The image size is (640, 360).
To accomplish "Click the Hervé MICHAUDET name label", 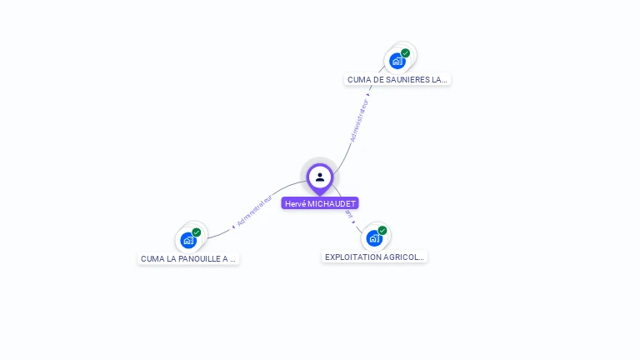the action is coord(320,203).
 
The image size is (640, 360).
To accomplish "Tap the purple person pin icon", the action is coord(320,177).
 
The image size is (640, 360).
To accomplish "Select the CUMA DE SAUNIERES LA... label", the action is coord(397,79).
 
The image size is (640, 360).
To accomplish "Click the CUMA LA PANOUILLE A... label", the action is coord(188,258).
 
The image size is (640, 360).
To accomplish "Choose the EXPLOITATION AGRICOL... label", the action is coord(375,257).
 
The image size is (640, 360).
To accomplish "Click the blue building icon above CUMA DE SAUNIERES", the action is coord(397,61).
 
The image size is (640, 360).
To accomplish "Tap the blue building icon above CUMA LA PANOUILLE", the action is coord(188,240).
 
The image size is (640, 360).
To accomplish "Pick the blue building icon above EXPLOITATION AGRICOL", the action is coord(374,238).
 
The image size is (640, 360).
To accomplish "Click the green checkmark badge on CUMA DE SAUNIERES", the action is coord(406,52).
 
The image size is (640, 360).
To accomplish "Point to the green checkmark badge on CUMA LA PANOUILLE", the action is coord(197,232).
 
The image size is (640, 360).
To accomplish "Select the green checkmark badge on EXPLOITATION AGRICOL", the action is coord(382,230).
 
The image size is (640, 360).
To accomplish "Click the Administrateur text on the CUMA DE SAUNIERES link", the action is coord(359,121).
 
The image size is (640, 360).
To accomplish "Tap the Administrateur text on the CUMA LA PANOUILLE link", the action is coord(255,212).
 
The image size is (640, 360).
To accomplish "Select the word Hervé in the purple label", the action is coord(295,203).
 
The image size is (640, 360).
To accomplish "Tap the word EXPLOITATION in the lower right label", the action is coord(353,257).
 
